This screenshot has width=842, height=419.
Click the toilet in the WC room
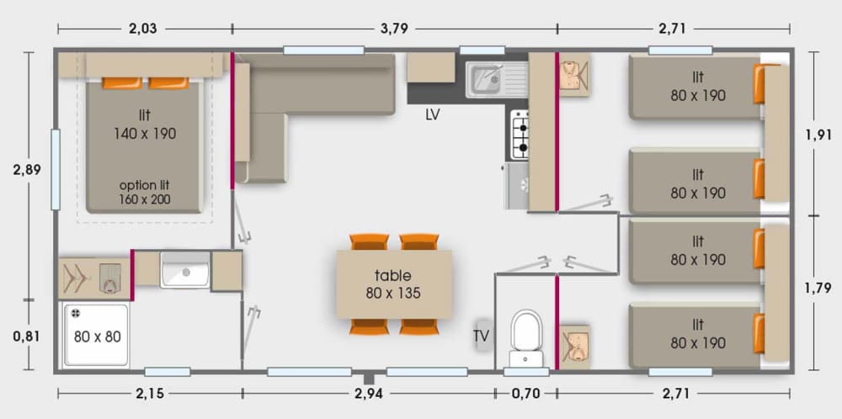(526, 337)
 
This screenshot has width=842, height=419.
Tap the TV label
(481, 336)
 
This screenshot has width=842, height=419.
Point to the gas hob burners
(520, 134)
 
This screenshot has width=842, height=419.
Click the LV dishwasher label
(432, 115)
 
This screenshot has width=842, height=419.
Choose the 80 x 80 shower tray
(96, 336)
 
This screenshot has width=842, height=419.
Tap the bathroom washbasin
(184, 269)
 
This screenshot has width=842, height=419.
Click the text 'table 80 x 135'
(393, 284)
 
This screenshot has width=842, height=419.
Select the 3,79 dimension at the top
(393, 29)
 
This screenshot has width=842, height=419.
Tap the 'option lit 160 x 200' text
(145, 193)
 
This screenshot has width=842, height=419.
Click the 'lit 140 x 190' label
(145, 125)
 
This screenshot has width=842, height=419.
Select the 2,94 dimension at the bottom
(369, 395)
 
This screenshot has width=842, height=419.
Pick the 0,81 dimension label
(27, 336)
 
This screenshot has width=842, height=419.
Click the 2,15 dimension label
(150, 395)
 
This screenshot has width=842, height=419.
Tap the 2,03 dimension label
(143, 29)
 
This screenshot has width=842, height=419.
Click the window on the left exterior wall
(56, 169)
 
